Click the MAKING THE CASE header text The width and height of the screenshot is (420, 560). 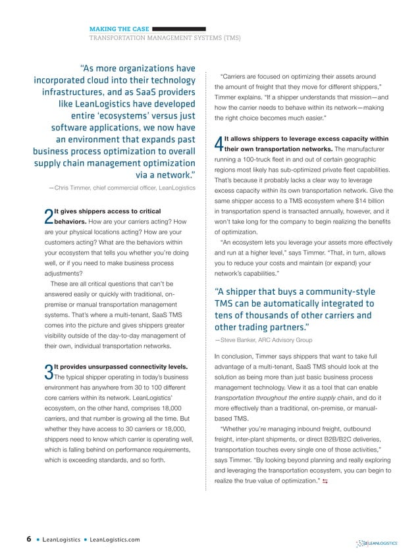click(x=118, y=29)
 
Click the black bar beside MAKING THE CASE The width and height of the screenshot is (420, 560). click(x=179, y=29)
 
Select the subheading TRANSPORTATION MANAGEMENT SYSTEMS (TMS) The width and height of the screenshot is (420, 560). click(x=165, y=38)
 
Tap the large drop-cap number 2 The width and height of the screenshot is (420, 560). click(x=47, y=216)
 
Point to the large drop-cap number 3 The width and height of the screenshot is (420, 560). click(x=47, y=372)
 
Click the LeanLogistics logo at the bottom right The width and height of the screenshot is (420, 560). click(x=377, y=543)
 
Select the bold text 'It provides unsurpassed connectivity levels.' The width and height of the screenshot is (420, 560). click(x=122, y=366)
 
